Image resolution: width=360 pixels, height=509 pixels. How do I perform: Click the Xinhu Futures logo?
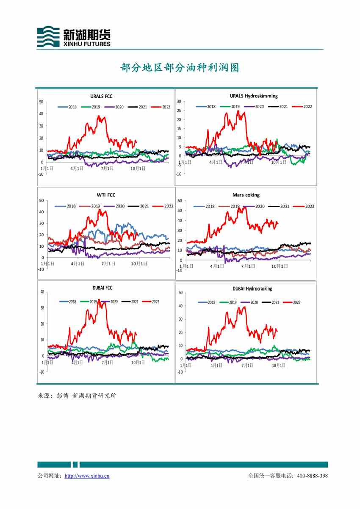tap(74, 36)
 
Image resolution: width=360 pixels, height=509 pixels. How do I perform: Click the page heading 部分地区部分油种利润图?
tap(180, 68)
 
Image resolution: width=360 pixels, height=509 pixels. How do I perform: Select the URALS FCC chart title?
tap(101, 96)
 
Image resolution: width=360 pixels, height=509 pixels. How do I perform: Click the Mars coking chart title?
tap(246, 195)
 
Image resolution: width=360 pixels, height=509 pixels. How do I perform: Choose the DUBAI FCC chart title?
tap(102, 288)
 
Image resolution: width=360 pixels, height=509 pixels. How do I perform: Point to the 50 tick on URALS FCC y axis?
tap(41, 102)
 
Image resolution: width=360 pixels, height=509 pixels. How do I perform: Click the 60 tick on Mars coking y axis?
tap(180, 200)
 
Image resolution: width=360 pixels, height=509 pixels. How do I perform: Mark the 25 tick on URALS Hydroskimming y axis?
tap(179, 111)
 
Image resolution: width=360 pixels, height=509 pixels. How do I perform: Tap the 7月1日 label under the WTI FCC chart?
tap(108, 263)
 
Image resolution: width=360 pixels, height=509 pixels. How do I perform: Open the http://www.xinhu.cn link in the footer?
tap(87, 476)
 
